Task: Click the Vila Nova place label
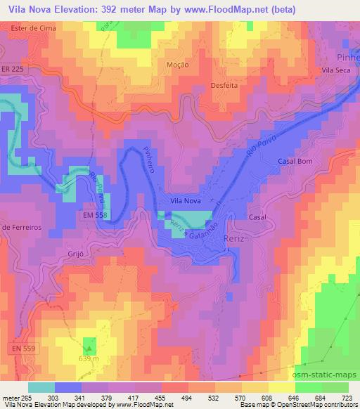pos(186,201)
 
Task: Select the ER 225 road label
pos(21,70)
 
